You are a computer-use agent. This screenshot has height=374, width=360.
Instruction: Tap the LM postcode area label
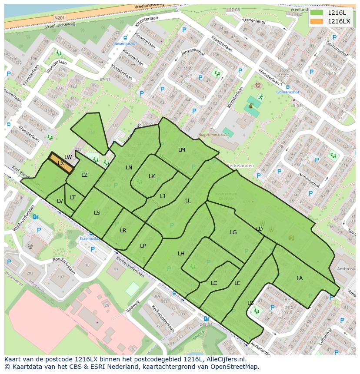[182, 150]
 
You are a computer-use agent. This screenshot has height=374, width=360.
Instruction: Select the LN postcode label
[129, 168]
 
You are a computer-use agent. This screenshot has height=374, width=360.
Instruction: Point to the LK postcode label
[152, 176]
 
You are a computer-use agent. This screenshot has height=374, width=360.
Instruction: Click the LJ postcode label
[163, 196]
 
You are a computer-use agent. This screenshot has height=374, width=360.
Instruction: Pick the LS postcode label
[97, 213]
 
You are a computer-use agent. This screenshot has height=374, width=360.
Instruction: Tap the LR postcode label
[123, 231]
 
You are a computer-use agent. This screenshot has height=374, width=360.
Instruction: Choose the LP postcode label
[143, 246]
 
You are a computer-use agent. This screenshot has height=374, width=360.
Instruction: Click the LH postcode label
[181, 254]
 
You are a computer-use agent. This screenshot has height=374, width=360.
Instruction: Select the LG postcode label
[233, 232]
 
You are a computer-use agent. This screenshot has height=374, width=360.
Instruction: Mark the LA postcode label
[300, 278]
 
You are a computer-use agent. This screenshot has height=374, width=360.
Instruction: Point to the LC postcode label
[214, 283]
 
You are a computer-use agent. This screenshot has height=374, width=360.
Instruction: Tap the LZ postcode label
[84, 175]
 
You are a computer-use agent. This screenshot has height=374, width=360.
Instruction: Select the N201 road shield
[59, 18]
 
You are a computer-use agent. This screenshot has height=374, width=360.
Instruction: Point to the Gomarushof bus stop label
[288, 92]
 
